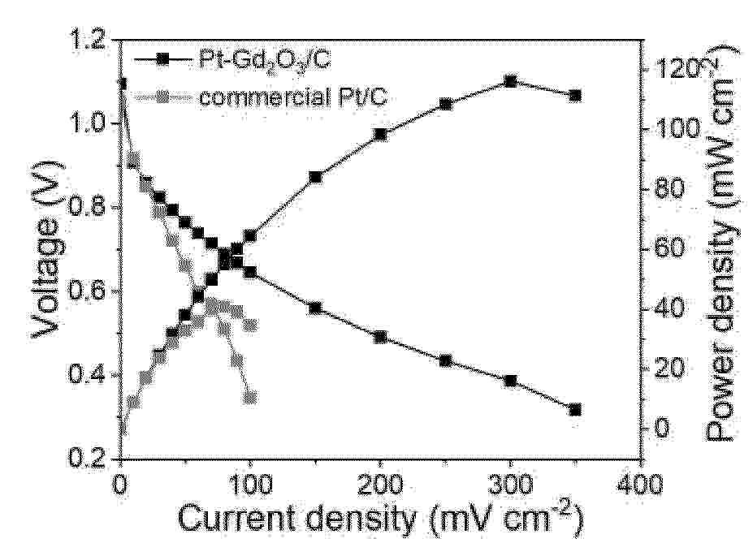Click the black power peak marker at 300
pyautogui.click(x=510, y=81)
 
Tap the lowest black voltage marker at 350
pyautogui.click(x=575, y=410)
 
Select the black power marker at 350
pyautogui.click(x=575, y=96)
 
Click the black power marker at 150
pyautogui.click(x=315, y=177)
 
